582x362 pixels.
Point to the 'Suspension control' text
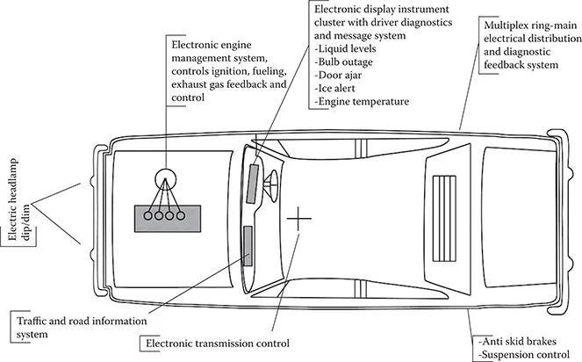click(x=523, y=353)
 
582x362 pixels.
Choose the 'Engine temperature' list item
click(x=363, y=102)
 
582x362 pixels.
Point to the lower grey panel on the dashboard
click(x=248, y=245)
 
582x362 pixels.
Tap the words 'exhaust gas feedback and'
click(x=227, y=86)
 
